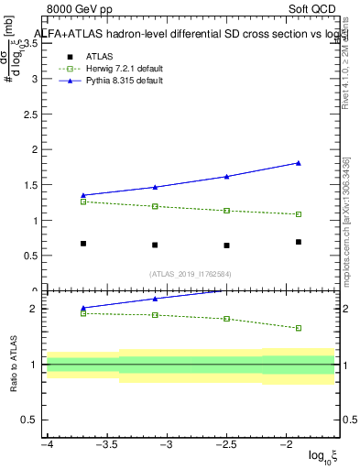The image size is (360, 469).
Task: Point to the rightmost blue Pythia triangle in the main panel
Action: [x=299, y=163]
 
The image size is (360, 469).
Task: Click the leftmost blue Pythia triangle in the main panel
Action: [x=83, y=195]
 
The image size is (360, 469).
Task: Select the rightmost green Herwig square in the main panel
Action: [x=299, y=214]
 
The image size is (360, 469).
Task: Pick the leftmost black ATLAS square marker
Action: [x=83, y=244]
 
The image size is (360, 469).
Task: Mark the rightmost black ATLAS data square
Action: [x=299, y=242]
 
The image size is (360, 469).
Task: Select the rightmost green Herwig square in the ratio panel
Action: [x=299, y=328]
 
